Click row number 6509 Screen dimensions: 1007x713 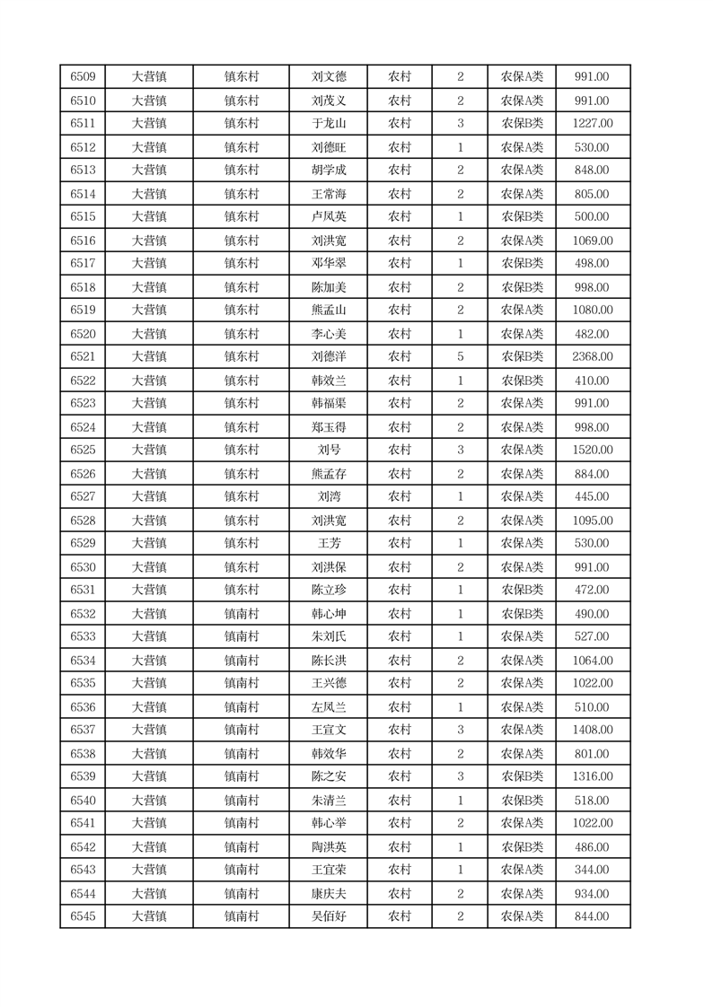[x=83, y=77]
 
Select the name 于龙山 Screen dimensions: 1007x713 [x=328, y=124]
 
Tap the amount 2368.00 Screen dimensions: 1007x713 [x=592, y=357]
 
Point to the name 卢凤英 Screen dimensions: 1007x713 [x=328, y=217]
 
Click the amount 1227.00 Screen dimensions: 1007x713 [x=592, y=124]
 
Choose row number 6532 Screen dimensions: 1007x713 [x=83, y=614]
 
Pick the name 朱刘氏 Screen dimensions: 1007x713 [x=328, y=637]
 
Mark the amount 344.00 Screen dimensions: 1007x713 [x=592, y=870]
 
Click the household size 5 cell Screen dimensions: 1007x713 [x=460, y=357]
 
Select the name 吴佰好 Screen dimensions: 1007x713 [x=328, y=916]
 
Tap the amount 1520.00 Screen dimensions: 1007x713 [x=592, y=450]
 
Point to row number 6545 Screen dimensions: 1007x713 [x=83, y=916]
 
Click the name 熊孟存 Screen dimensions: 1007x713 [x=328, y=474]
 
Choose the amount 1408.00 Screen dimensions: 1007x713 [x=592, y=730]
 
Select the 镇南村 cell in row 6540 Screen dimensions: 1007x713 [x=241, y=801]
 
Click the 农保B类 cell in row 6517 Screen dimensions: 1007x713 [x=522, y=264]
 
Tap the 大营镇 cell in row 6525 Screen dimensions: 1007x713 [x=149, y=450]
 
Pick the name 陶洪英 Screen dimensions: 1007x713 [x=328, y=847]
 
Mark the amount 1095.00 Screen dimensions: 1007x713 [x=592, y=521]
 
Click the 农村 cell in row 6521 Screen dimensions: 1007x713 [x=400, y=357]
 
